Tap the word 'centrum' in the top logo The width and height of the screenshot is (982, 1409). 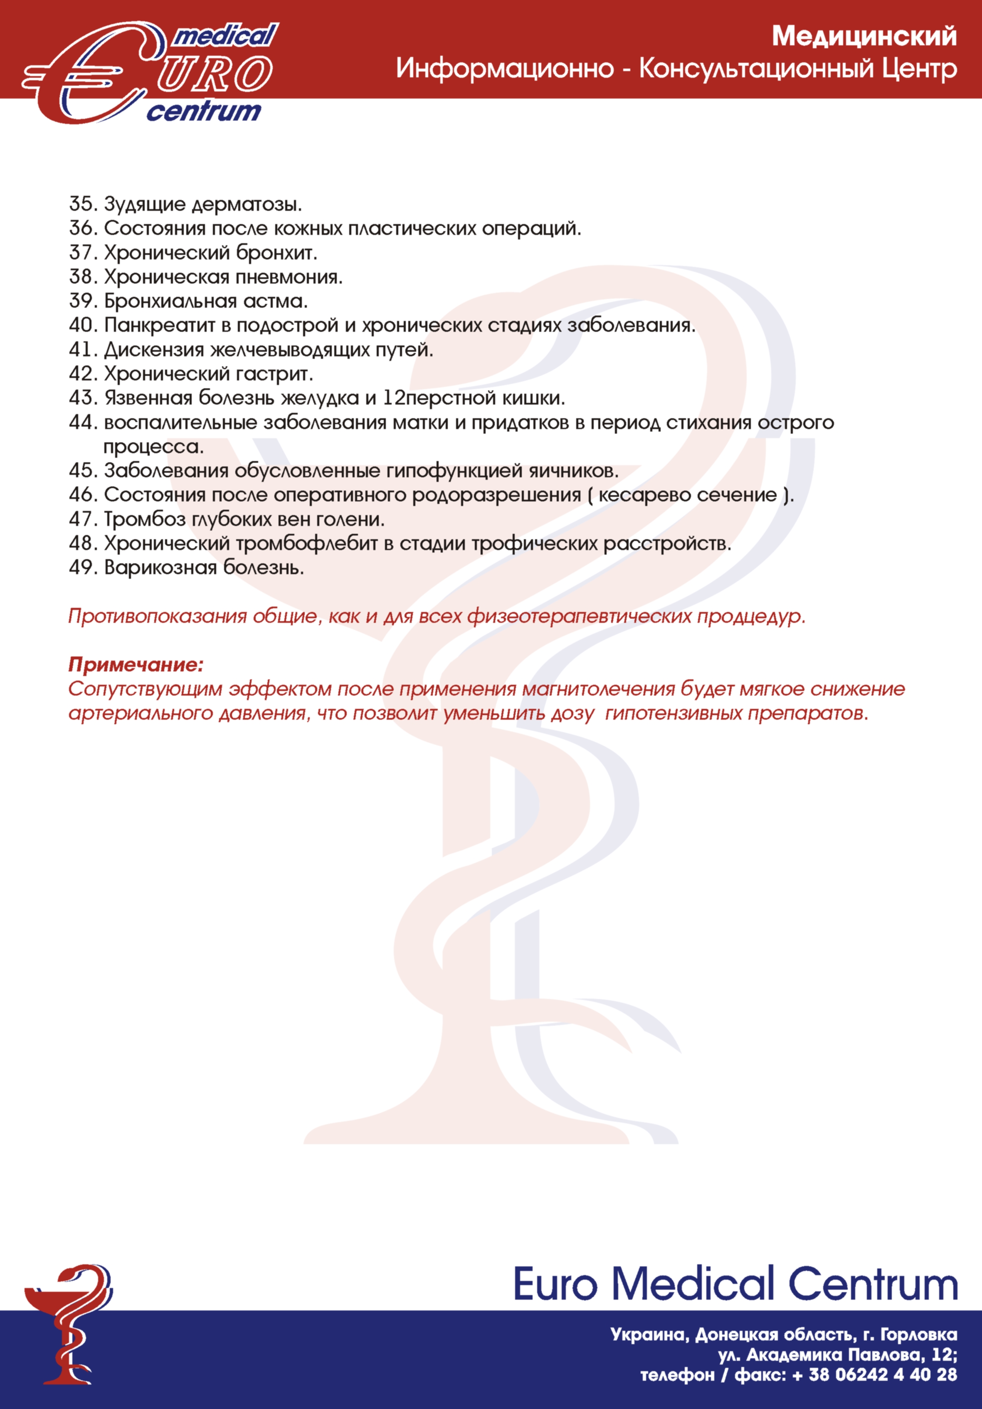204,112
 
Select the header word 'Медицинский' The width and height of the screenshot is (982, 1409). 864,37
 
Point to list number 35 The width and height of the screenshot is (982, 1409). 82,204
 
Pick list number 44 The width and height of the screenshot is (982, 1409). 82,422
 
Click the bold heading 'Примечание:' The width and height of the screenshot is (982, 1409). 136,665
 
